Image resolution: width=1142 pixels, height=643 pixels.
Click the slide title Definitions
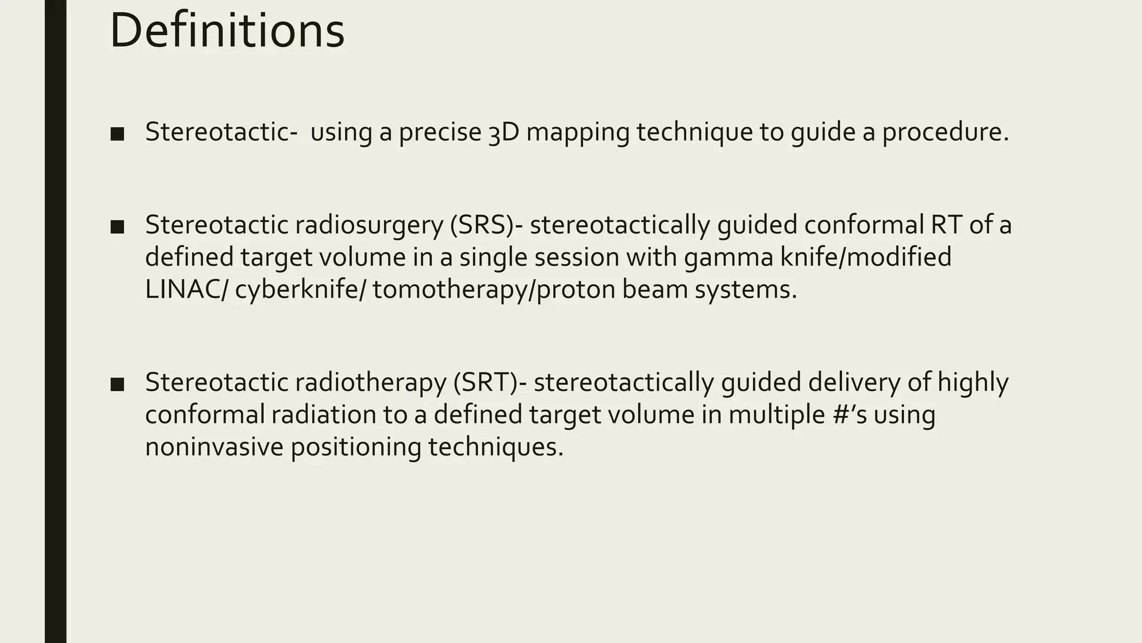[x=227, y=31]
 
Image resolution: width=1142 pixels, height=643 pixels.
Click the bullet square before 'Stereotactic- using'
[x=117, y=134]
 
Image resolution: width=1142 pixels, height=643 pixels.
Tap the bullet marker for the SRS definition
[x=117, y=227]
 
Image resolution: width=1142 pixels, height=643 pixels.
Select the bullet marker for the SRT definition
[x=117, y=385]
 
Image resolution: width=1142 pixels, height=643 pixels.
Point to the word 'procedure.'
[x=945, y=133]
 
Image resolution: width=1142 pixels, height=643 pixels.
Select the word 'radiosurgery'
[x=368, y=225]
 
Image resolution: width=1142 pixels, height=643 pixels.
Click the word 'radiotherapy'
[x=370, y=383]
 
